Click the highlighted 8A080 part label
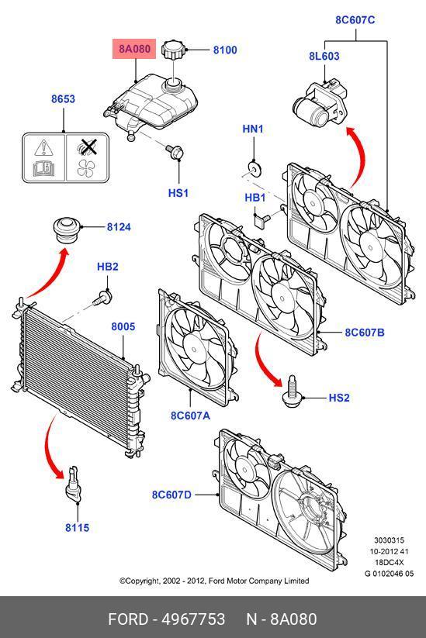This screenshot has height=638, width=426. [x=134, y=49]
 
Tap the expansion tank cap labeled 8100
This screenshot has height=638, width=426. [x=174, y=50]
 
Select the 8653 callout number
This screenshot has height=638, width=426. [x=63, y=99]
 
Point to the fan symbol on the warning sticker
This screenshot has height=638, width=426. [x=86, y=168]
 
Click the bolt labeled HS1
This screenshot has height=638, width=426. [x=175, y=151]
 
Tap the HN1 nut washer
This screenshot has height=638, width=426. [x=255, y=168]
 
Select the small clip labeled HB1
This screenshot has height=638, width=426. [x=261, y=219]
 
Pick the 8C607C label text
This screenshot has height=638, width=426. [x=355, y=20]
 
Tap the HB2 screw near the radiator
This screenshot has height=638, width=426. [x=102, y=298]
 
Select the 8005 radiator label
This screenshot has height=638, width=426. [x=123, y=326]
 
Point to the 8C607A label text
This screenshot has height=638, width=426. [x=190, y=416]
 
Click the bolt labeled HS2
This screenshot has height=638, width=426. [x=292, y=391]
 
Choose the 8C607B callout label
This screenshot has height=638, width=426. [x=365, y=333]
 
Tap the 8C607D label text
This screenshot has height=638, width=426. [x=171, y=495]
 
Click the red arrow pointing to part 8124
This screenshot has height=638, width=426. [x=48, y=274]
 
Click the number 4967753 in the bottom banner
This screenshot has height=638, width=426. [x=193, y=619]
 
